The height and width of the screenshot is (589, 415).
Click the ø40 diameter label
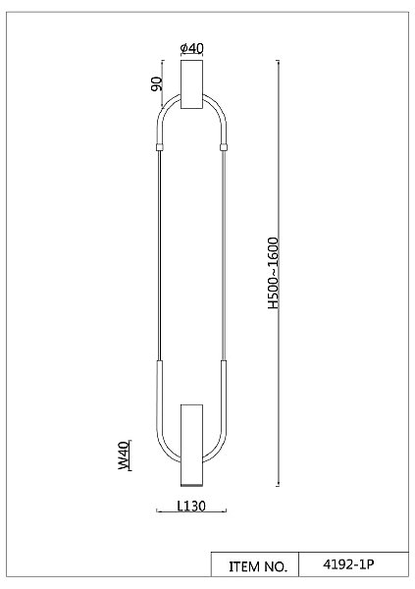pos(191,48)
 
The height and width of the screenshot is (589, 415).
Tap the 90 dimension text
pos(156,83)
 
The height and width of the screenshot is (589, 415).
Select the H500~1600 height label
pos(274,273)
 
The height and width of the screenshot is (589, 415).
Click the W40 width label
pos(124,455)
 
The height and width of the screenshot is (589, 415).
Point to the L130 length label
pos(191,506)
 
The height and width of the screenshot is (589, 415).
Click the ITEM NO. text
pos(258,566)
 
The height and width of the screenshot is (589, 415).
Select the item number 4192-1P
pos(348,564)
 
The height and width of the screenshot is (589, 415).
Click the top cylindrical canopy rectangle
pos(191,84)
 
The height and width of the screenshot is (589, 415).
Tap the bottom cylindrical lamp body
pos(191,446)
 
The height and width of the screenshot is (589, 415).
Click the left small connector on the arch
pos(160,147)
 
